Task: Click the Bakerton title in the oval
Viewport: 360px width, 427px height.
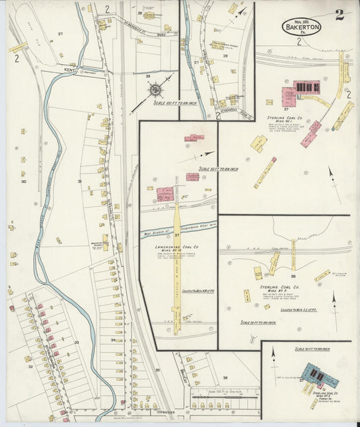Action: coord(301,28)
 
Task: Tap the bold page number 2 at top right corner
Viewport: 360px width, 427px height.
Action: coord(340,15)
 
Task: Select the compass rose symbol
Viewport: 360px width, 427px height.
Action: coord(155,89)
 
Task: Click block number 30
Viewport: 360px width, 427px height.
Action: coord(23,181)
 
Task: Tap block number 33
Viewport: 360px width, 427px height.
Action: coord(76,343)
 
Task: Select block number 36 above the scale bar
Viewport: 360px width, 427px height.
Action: coord(226,378)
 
